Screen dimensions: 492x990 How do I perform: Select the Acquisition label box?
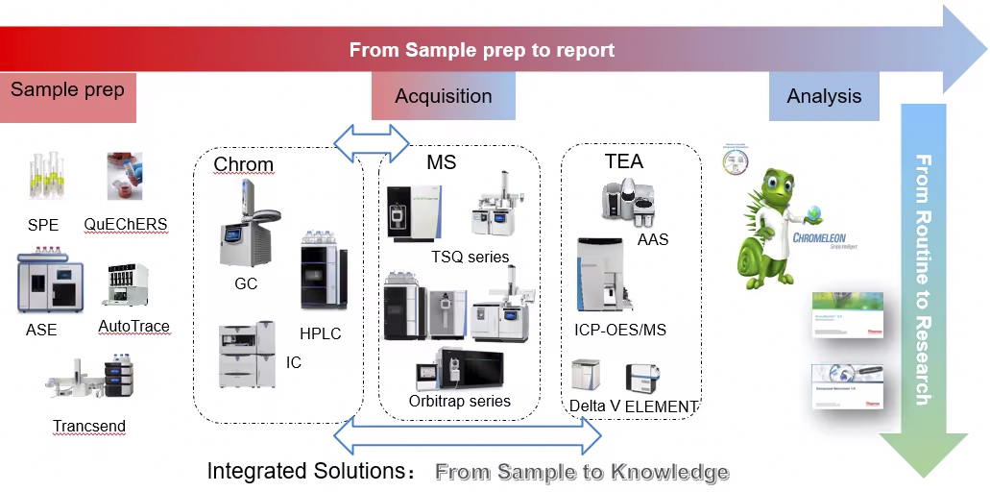443,96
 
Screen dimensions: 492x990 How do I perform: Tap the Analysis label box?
823,96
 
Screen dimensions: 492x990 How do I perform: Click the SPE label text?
42,226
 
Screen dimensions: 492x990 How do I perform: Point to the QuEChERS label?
125,225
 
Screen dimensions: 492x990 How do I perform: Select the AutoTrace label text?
133,327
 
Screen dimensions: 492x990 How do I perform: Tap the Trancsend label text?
89,426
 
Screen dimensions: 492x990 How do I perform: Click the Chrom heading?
243,164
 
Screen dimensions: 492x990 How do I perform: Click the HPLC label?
320,333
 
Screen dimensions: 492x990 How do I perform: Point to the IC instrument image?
247,355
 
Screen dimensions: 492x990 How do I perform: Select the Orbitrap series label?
459,401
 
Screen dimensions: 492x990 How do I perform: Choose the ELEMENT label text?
661,406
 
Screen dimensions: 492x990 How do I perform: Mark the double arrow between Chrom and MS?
372,138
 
